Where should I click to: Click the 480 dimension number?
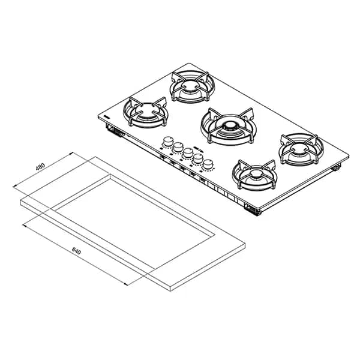pos(41,167)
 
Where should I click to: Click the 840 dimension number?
pos(76,251)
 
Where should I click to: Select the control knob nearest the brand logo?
pos(168,141)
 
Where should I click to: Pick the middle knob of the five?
pos(188,152)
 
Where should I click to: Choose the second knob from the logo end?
pos(178,147)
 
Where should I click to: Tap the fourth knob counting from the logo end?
pos(198,158)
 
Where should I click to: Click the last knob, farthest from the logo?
pos(208,164)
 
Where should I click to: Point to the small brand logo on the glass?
pos(107,117)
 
